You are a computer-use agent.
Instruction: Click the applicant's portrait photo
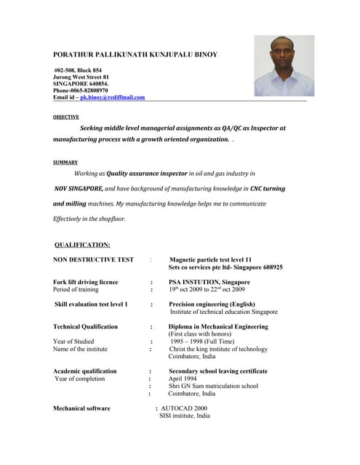(x=284, y=66)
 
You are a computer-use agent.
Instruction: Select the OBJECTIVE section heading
(x=66, y=116)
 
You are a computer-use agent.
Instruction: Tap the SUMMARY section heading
(x=65, y=162)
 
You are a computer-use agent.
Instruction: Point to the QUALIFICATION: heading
(x=82, y=245)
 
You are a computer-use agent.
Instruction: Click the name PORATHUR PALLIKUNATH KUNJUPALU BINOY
(x=135, y=54)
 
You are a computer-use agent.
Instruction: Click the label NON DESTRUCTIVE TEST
(x=93, y=259)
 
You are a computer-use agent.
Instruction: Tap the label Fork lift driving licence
(x=85, y=282)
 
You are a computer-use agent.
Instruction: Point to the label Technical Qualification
(x=85, y=327)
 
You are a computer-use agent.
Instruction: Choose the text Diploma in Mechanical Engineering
(x=218, y=327)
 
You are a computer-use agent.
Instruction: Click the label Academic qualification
(x=84, y=371)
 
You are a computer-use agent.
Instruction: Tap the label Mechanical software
(x=81, y=408)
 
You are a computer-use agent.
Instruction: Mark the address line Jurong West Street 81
(x=81, y=76)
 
